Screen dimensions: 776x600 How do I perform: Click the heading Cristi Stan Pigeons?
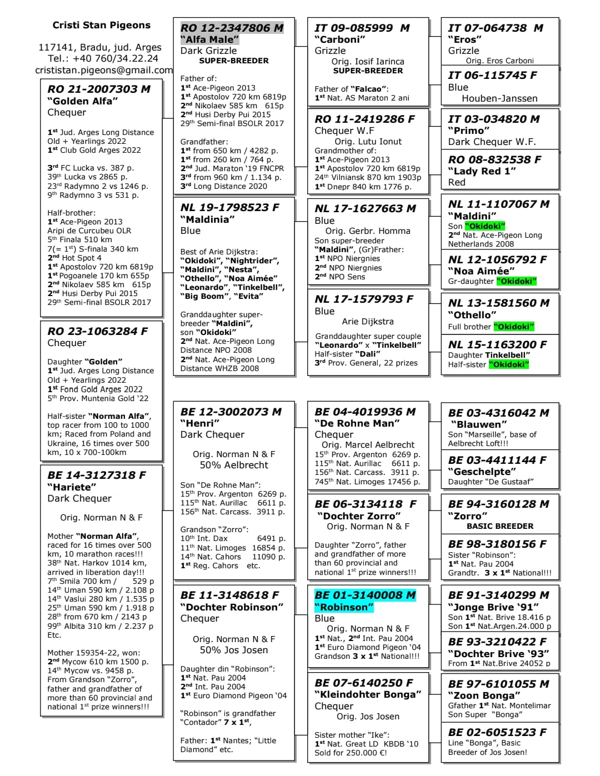click(x=101, y=25)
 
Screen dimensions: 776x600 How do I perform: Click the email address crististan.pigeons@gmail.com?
click(x=104, y=70)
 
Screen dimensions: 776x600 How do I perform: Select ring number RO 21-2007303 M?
click(x=99, y=89)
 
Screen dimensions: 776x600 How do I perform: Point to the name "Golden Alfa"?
click(x=83, y=101)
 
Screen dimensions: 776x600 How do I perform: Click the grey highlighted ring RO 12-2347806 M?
click(x=232, y=28)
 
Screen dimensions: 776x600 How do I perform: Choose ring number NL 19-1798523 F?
click(x=230, y=207)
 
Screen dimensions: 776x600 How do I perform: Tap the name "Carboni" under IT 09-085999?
click(x=340, y=39)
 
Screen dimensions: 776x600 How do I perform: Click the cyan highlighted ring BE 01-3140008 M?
click(x=365, y=595)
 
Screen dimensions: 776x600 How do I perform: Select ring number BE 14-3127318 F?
click(x=97, y=475)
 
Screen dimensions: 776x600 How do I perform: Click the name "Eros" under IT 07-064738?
click(x=465, y=39)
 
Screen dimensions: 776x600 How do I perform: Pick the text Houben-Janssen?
click(x=499, y=98)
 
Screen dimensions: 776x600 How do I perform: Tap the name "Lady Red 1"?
click(x=482, y=171)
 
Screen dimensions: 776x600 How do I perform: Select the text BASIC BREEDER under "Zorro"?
click(x=500, y=526)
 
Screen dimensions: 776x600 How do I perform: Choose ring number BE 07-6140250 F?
click(x=364, y=683)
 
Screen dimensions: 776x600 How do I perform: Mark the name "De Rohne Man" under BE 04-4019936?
click(x=357, y=423)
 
